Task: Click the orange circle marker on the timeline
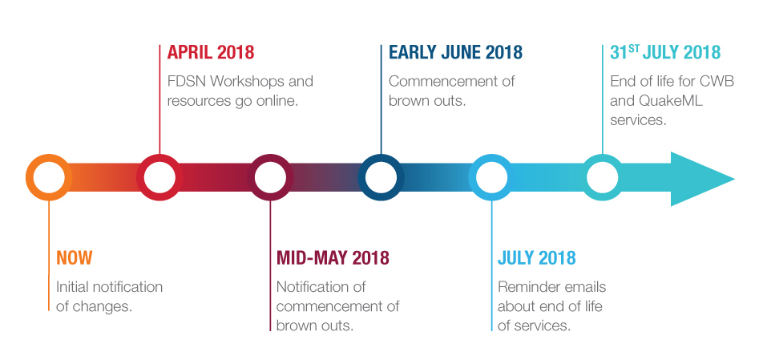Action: (29, 177)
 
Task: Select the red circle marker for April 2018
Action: (140, 177)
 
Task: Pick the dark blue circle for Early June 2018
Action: (361, 177)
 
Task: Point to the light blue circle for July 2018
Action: (472, 177)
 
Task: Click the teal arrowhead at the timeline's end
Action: (702, 179)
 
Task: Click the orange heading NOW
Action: (74, 258)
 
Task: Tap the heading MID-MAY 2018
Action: (333, 258)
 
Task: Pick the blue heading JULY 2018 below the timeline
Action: (536, 258)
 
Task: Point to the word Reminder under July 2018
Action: (523, 287)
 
